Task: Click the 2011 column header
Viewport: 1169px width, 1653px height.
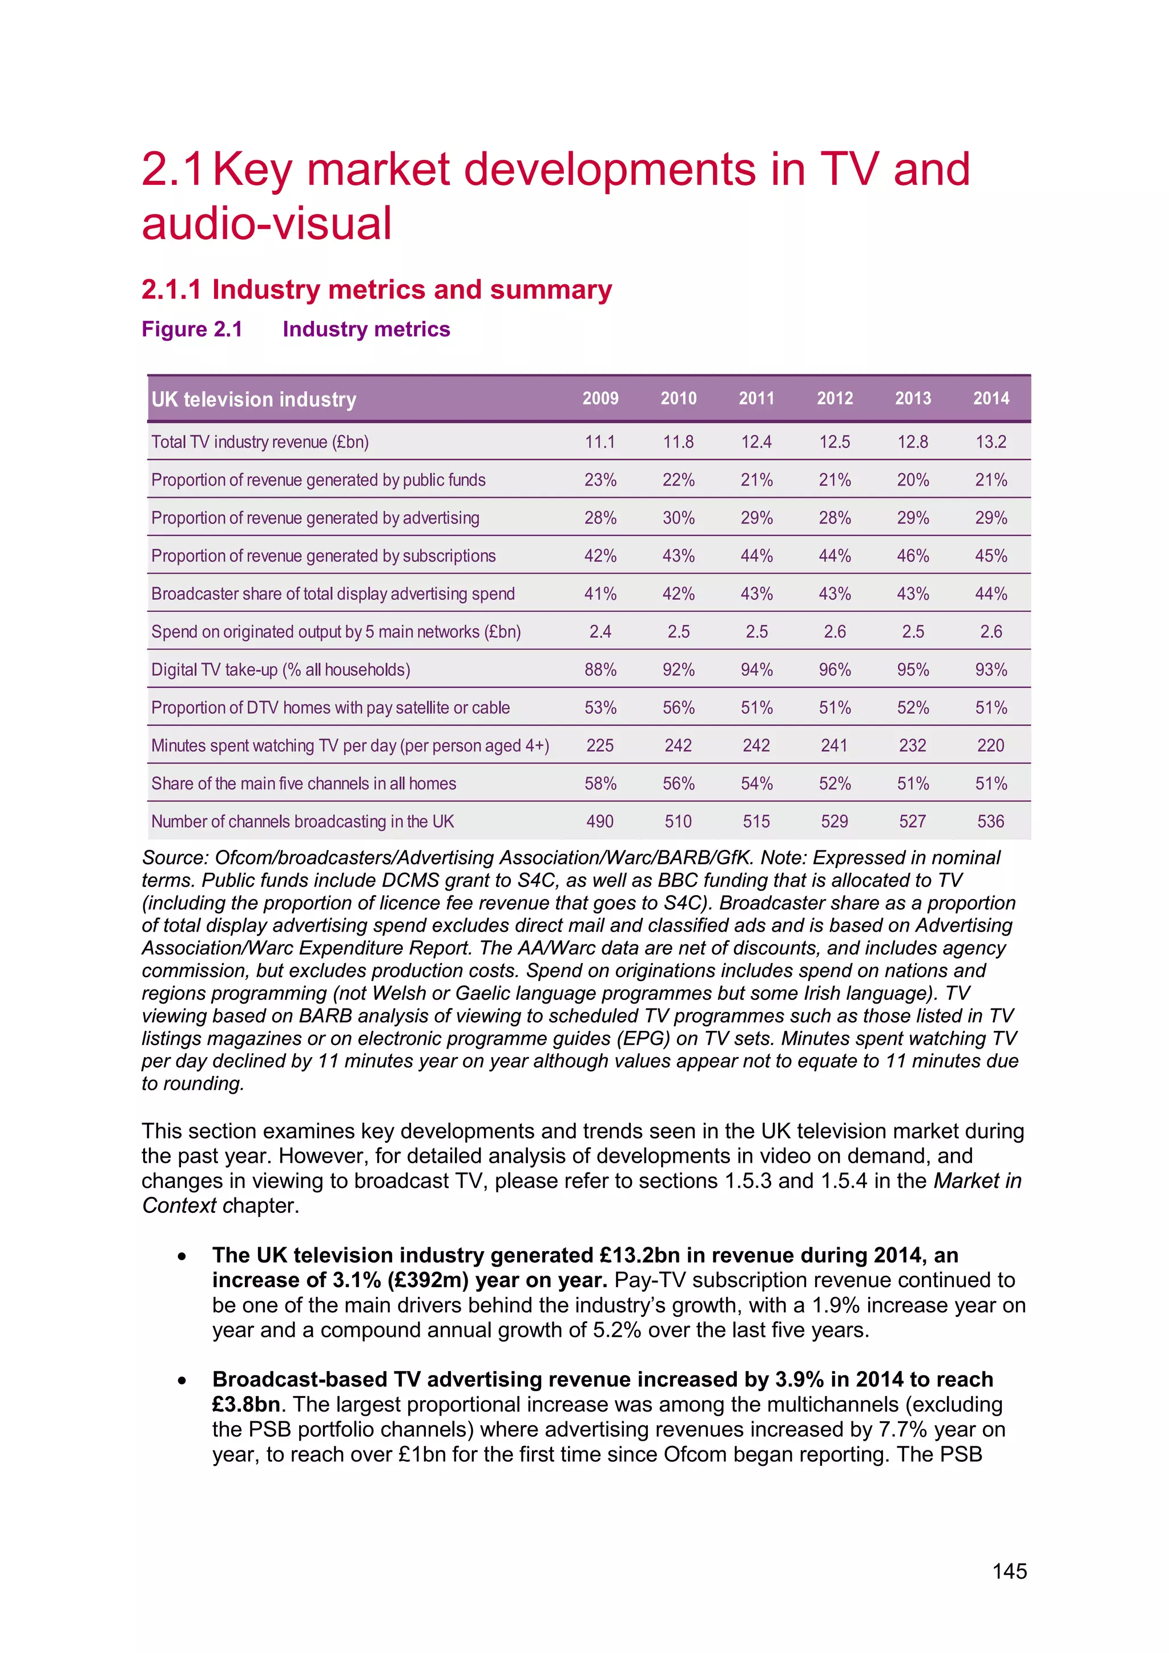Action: coord(756,398)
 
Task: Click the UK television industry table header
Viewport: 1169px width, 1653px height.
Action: coord(254,400)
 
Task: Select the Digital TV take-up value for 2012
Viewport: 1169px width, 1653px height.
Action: coord(835,670)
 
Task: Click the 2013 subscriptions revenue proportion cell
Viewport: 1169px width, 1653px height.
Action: coord(912,556)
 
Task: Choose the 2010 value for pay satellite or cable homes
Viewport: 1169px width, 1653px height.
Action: coord(678,708)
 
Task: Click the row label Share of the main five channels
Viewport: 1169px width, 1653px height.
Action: coord(303,783)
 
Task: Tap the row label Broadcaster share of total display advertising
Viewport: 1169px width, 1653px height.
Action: coord(333,594)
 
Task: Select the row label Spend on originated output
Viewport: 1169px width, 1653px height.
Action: coord(336,632)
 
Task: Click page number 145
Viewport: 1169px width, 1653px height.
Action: coord(1009,1571)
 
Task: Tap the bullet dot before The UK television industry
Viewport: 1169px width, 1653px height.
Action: coord(182,1257)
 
